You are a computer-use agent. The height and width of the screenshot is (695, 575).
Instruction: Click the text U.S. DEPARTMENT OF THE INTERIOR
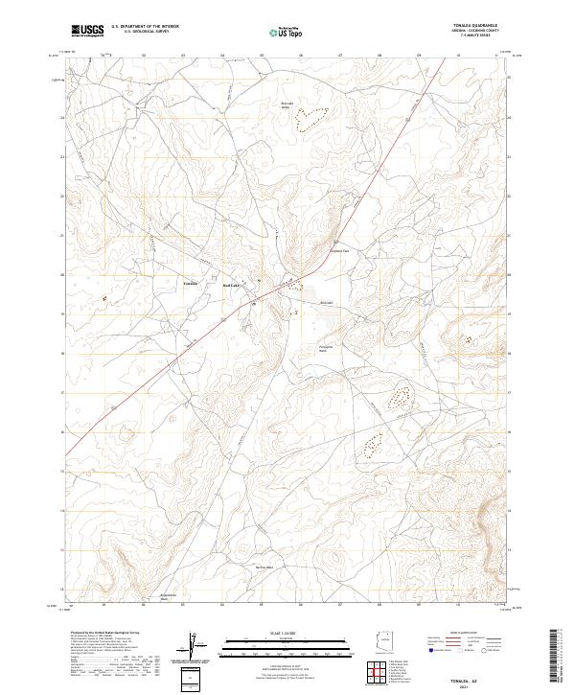pos(145,27)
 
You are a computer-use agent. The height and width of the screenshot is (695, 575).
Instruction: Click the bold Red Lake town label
pos(232,285)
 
